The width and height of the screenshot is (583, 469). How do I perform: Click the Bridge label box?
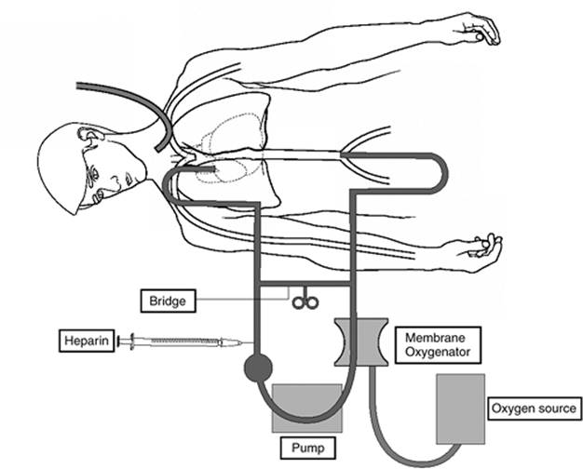point(167,301)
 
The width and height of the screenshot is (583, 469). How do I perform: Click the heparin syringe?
point(182,342)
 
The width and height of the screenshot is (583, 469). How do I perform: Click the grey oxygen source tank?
point(460,406)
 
